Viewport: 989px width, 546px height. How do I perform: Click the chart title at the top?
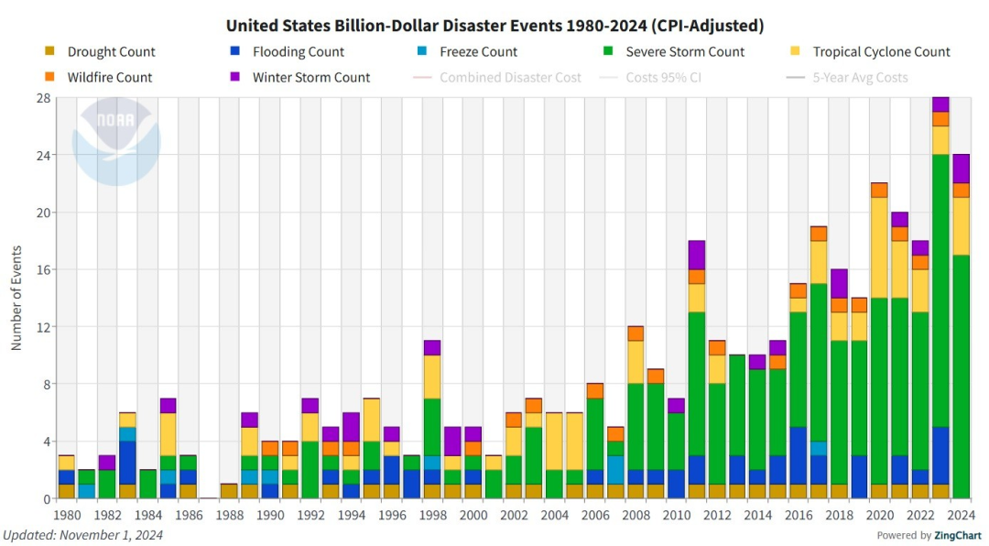click(494, 25)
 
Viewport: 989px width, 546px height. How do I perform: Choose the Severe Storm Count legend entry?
click(672, 52)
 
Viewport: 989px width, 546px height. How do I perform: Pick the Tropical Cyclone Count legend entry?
click(870, 52)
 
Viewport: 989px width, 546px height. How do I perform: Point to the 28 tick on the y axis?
click(43, 98)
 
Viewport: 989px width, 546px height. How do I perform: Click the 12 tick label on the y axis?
click(43, 327)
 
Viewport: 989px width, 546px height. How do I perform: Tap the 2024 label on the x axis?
click(961, 516)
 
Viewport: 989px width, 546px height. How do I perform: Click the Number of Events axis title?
click(16, 298)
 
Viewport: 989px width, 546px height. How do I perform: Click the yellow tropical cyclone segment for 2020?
click(879, 247)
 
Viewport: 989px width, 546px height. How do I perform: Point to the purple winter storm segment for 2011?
click(696, 255)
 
